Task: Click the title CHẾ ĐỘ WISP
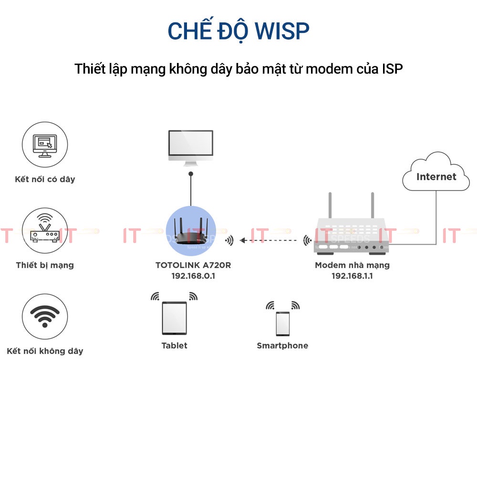click(x=238, y=31)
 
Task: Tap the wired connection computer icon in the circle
click(x=45, y=144)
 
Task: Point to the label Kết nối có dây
click(x=45, y=179)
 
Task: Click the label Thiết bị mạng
click(x=45, y=265)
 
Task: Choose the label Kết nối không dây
click(x=45, y=351)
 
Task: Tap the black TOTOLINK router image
click(x=190, y=233)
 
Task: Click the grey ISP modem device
click(x=352, y=234)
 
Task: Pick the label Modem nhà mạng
click(x=352, y=265)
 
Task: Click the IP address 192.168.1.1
click(x=352, y=276)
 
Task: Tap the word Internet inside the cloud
click(x=436, y=177)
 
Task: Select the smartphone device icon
click(x=282, y=324)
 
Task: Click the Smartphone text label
click(x=282, y=346)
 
